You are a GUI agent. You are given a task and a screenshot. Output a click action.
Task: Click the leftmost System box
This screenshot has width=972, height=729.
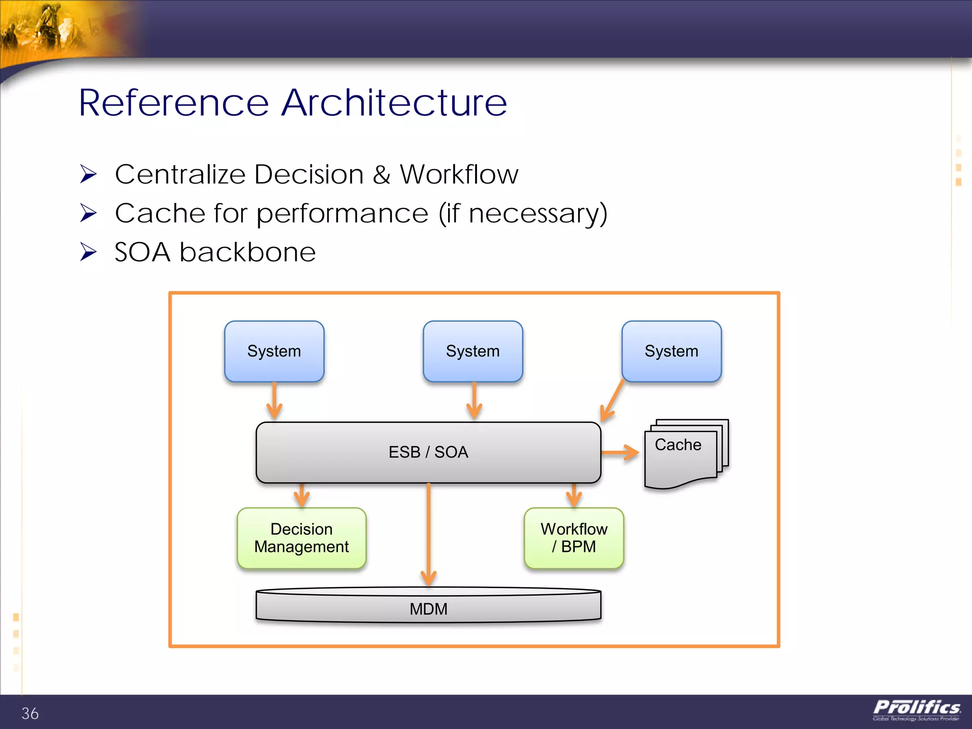pyautogui.click(x=274, y=351)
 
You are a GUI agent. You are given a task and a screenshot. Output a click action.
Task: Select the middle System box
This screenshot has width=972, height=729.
pyautogui.click(x=473, y=351)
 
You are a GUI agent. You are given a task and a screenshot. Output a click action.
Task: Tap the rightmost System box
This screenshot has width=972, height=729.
pyautogui.click(x=671, y=351)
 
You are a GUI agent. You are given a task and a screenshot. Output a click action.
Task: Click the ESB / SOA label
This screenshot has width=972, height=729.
pyautogui.click(x=428, y=452)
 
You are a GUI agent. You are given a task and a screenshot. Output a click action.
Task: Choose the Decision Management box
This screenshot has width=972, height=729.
pyautogui.click(x=301, y=538)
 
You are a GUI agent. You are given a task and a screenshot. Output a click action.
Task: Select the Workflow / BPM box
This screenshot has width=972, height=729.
pyautogui.click(x=574, y=538)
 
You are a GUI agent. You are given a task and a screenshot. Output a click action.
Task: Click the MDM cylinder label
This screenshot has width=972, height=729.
pyautogui.click(x=428, y=609)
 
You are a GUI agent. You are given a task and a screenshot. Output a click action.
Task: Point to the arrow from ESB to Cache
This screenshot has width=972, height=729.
pyautogui.click(x=621, y=452)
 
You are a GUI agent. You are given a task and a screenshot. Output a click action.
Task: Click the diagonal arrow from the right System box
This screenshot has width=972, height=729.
pyautogui.click(x=612, y=401)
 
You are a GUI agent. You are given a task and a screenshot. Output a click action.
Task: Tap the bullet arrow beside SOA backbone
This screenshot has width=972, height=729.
pyautogui.click(x=88, y=252)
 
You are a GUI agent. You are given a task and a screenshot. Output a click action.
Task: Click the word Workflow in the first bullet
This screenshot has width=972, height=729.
pyautogui.click(x=458, y=174)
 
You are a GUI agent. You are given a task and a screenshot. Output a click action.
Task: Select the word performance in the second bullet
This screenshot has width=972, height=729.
pyautogui.click(x=343, y=213)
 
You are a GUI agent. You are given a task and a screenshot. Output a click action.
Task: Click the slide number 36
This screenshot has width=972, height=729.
pyautogui.click(x=30, y=713)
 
